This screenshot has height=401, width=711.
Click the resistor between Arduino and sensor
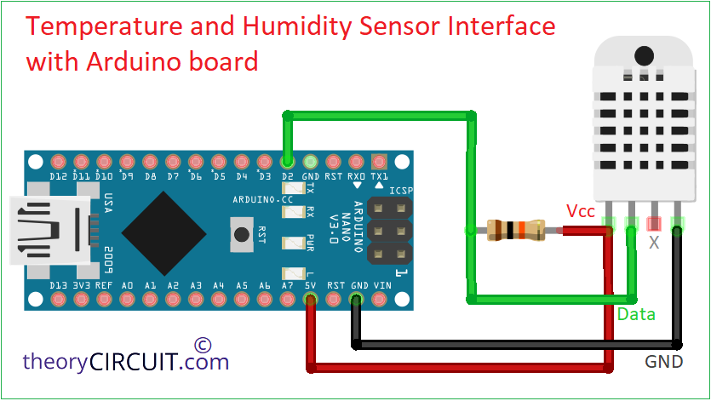click(x=514, y=230)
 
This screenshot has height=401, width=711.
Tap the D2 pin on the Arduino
click(x=287, y=161)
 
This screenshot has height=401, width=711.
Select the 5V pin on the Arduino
click(x=312, y=298)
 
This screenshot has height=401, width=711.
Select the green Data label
click(x=636, y=314)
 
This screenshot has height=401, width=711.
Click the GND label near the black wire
click(x=663, y=362)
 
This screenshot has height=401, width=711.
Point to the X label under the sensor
click(x=654, y=243)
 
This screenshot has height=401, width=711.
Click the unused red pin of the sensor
click(x=654, y=223)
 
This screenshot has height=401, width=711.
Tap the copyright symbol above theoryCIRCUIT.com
click(x=202, y=344)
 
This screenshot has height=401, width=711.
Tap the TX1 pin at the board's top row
click(x=379, y=161)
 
